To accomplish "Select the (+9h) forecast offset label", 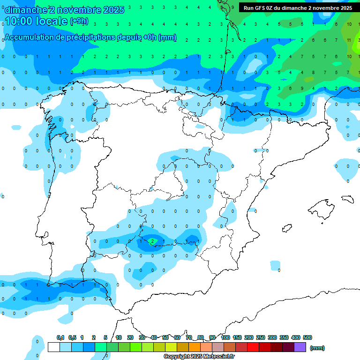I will [x=79, y=21].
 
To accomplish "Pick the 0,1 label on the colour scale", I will [x=60, y=337].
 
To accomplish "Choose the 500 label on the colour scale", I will [x=307, y=337].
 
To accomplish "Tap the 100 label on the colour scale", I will [x=225, y=337].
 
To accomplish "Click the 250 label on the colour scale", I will [x=261, y=337].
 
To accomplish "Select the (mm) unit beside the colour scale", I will [x=317, y=348].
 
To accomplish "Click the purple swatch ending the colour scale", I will [x=300, y=347].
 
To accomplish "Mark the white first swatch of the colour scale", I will [x=54, y=347].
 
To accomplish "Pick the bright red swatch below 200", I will [x=253, y=347].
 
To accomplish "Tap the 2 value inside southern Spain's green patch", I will [x=152, y=241].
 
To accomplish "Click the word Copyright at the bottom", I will [x=177, y=357].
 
